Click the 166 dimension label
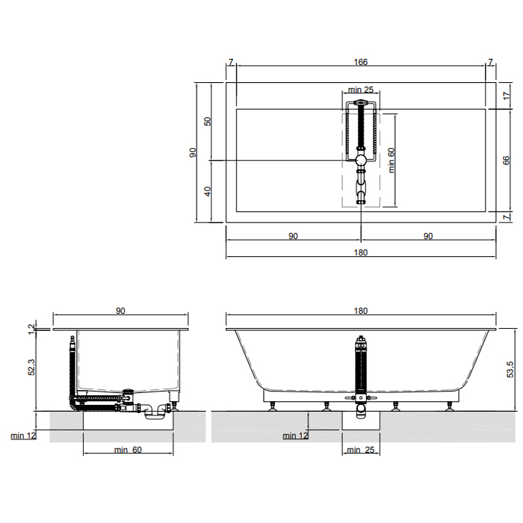click(x=361, y=62)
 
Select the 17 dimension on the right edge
click(x=507, y=96)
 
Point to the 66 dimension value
click(x=507, y=160)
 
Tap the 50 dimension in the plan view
click(x=208, y=121)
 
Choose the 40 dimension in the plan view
click(x=208, y=191)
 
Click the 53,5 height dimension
click(x=510, y=370)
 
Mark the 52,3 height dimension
click(x=31, y=367)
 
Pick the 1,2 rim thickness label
click(x=31, y=329)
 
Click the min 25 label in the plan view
click(x=361, y=90)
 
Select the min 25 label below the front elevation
click(x=361, y=450)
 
